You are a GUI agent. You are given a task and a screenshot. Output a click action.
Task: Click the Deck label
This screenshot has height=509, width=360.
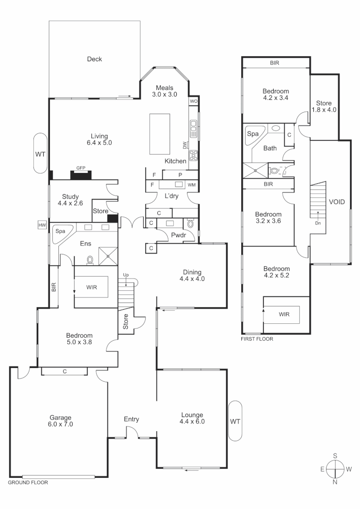(94, 59)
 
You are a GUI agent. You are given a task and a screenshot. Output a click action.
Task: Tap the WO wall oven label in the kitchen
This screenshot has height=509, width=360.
(193, 101)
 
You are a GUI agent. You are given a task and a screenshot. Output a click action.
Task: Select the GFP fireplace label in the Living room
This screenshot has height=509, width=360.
(81, 167)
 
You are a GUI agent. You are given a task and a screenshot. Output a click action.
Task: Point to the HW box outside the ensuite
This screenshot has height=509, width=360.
(42, 225)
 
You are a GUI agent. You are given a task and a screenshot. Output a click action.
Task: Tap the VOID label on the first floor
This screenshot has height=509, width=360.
(336, 202)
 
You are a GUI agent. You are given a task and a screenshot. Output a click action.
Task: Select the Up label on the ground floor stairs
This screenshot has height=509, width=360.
(125, 274)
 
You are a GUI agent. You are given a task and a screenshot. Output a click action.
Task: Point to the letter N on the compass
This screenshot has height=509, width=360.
(335, 482)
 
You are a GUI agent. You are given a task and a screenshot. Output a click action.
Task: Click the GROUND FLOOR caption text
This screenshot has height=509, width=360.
(28, 483)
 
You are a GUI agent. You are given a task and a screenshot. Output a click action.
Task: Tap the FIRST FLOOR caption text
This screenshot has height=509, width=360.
(257, 338)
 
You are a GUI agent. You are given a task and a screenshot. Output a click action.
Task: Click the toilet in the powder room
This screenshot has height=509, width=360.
(189, 222)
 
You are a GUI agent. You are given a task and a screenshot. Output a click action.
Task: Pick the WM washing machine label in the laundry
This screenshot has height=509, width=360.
(191, 185)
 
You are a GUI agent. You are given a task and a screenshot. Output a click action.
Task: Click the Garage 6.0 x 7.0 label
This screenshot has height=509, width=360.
(61, 421)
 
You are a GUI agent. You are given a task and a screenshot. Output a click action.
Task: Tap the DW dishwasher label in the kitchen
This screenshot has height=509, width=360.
(185, 145)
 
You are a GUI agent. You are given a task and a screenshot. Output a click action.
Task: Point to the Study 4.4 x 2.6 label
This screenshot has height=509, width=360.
(71, 200)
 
